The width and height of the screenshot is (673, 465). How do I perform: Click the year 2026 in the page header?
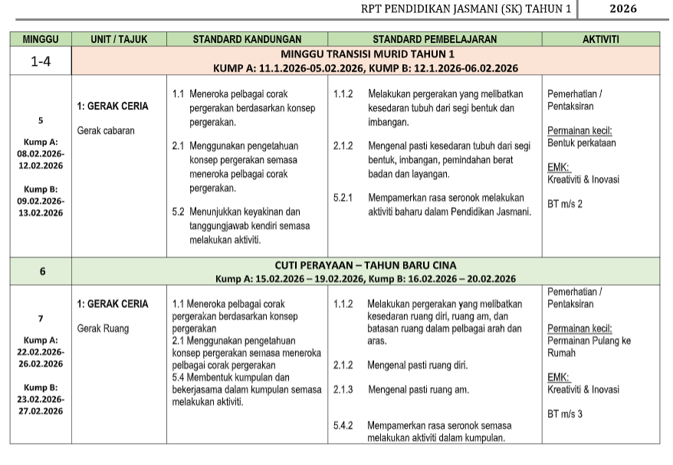[622, 9]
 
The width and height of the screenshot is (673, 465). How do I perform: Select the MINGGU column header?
[41, 39]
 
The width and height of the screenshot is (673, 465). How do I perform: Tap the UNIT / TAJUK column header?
[119, 39]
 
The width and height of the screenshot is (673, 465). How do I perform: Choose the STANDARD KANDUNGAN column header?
[247, 39]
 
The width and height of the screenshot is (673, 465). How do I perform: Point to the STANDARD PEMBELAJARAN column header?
[435, 39]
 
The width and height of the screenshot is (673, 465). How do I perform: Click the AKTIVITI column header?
[601, 39]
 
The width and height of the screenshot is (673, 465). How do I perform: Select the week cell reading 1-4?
[41, 61]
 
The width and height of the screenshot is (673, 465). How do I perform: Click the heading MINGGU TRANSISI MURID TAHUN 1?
[367, 54]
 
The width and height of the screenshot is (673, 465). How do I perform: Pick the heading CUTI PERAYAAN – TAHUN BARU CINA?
[366, 265]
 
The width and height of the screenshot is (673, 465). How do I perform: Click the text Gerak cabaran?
[106, 131]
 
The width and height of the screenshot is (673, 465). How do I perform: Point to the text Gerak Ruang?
[103, 329]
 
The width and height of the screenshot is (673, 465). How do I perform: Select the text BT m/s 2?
[565, 205]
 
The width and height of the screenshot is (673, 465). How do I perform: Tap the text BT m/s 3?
[565, 414]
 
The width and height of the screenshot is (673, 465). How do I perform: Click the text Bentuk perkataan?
[582, 143]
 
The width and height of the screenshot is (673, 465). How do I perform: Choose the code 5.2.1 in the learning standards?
[343, 198]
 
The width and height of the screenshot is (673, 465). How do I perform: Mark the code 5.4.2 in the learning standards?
[343, 425]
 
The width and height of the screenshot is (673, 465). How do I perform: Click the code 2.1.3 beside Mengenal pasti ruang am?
[343, 390]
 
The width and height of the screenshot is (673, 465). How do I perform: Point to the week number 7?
[41, 319]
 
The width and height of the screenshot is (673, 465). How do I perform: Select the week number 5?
[41, 120]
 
